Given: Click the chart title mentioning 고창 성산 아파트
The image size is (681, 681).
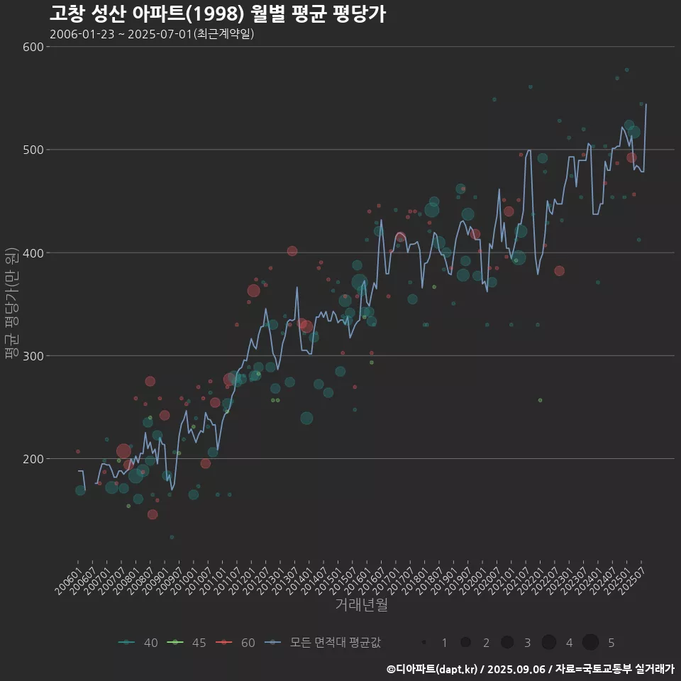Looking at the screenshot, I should click(x=218, y=13).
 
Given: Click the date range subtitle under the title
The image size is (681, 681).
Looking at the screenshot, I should click(x=152, y=34).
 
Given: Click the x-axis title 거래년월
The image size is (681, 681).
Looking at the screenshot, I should click(x=361, y=605).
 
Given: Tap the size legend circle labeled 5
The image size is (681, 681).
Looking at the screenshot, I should click(x=591, y=643).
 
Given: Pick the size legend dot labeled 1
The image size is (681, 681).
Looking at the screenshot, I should click(x=424, y=643).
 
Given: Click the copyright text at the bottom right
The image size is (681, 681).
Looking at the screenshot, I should click(x=530, y=669).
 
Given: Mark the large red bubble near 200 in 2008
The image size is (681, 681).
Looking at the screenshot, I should click(x=123, y=451).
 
